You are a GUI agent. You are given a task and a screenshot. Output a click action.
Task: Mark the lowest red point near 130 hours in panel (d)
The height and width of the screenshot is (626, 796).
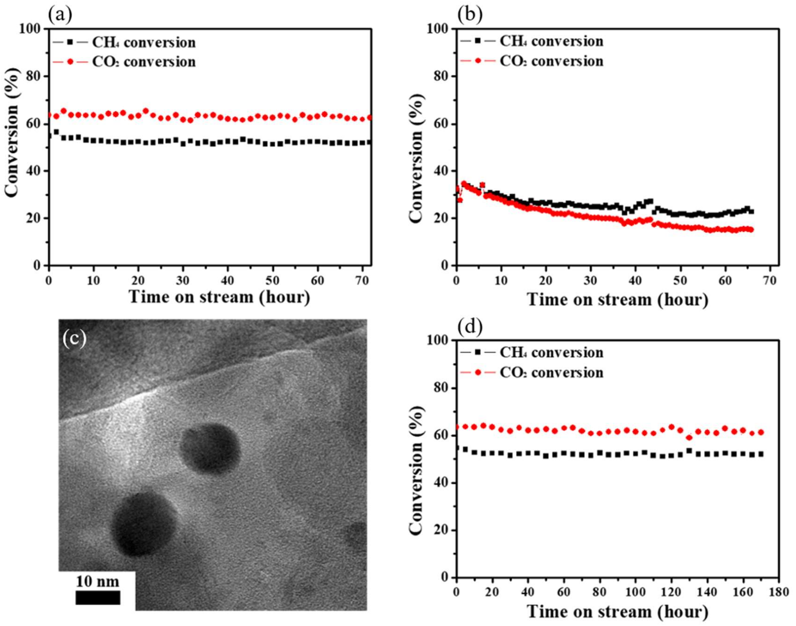tap(689, 438)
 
